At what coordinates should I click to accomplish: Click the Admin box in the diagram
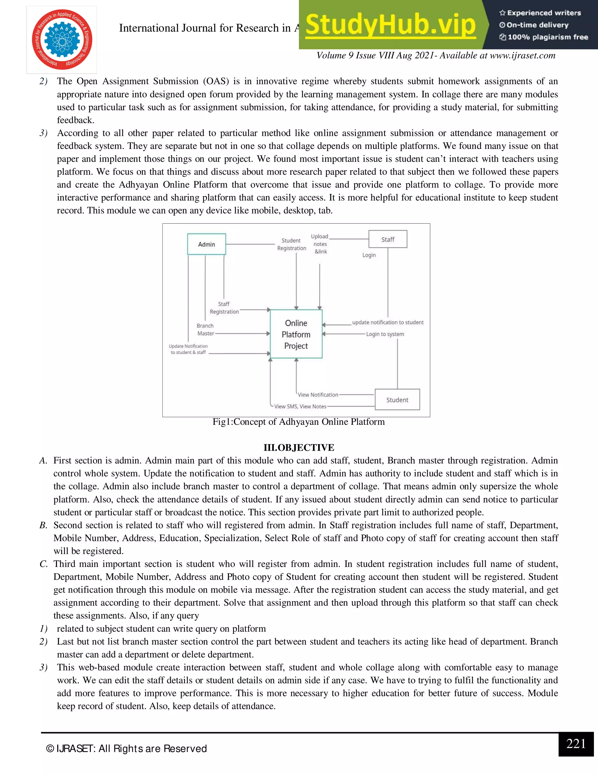coord(206,244)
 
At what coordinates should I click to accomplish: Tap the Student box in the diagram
coord(397,400)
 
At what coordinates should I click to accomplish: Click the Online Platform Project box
coord(296,334)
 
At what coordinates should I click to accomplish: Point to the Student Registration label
coord(292,244)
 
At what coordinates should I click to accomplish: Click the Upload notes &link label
coord(320,244)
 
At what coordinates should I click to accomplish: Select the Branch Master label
coord(206,329)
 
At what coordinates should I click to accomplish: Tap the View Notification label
coord(318,395)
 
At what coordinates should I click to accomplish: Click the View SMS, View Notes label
coord(300,407)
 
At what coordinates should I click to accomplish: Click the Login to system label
coord(385,334)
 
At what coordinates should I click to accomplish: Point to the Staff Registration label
coord(224,308)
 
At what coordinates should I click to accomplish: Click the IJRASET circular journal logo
coord(62,40)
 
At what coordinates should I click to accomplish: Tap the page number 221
coord(576,744)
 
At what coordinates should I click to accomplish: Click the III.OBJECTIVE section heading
coord(299,447)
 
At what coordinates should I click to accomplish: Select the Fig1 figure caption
coord(298,422)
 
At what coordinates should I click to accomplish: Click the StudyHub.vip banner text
coord(390,25)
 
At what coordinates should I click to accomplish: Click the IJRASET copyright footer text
coord(126,749)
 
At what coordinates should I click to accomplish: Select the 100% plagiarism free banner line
coord(544,37)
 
